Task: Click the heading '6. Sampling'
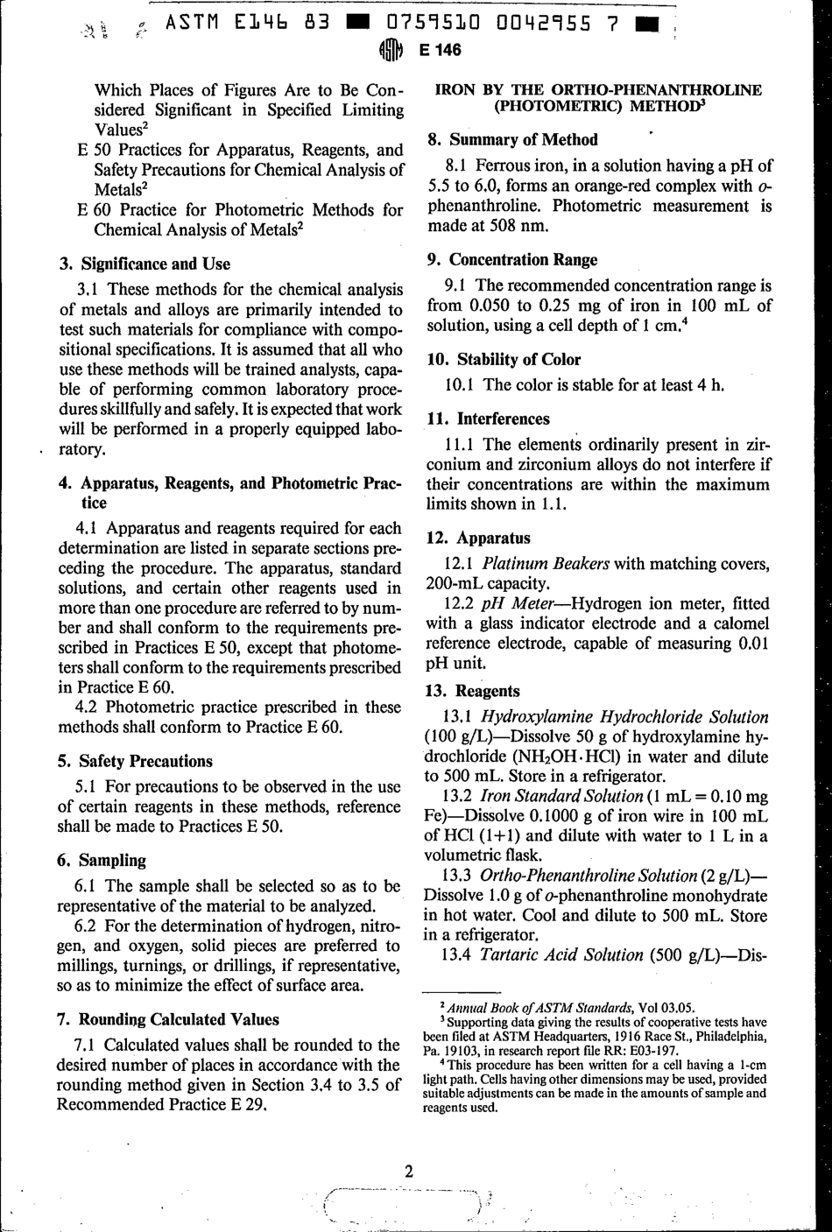(x=101, y=860)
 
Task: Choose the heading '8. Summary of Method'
(x=511, y=139)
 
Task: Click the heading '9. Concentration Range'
(x=511, y=259)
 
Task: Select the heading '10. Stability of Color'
(x=504, y=359)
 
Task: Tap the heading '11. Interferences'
(x=488, y=419)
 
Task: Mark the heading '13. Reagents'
(x=472, y=690)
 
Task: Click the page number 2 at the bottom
(x=408, y=1172)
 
